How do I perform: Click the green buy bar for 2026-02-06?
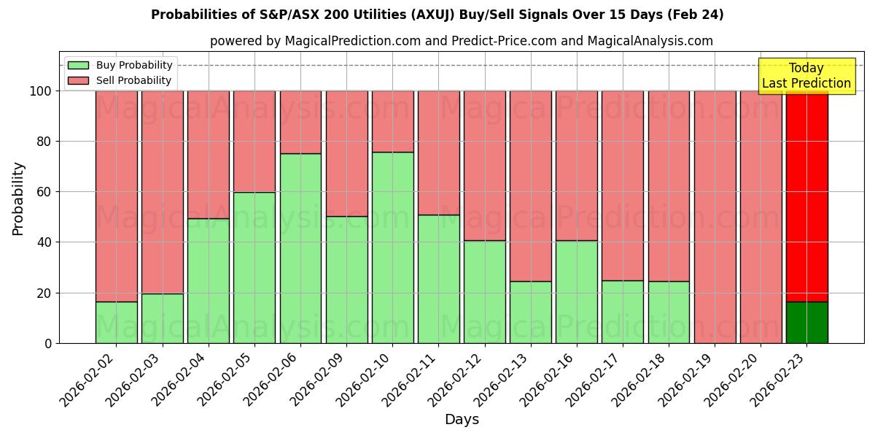point(300,248)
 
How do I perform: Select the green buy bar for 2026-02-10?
point(393,247)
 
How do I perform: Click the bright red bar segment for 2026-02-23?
point(806,197)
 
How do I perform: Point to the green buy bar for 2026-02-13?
point(531,312)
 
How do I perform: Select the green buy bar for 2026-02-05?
point(254,267)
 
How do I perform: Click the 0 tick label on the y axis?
point(48,343)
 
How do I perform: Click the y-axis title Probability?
point(18,199)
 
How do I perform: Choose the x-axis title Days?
point(462,420)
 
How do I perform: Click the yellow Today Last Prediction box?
point(806,76)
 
